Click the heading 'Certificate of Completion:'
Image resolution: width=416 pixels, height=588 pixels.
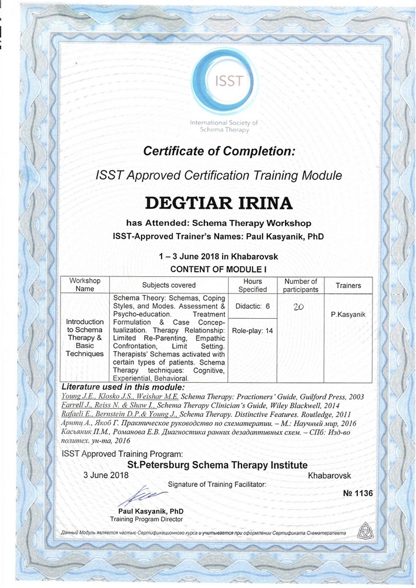pyautogui.click(x=219, y=151)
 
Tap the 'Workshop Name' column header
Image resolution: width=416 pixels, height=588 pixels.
pyautogui.click(x=85, y=285)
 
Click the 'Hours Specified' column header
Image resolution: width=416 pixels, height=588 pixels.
pyautogui.click(x=253, y=285)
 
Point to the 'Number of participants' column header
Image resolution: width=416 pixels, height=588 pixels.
pyautogui.click(x=300, y=285)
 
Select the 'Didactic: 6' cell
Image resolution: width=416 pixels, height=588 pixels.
pyautogui.click(x=253, y=306)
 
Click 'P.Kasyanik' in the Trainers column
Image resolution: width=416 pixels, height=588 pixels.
pyautogui.click(x=348, y=315)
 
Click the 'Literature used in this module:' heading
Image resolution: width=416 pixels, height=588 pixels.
pyautogui.click(x=123, y=387)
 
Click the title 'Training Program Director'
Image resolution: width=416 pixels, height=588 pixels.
pyautogui.click(x=146, y=519)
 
